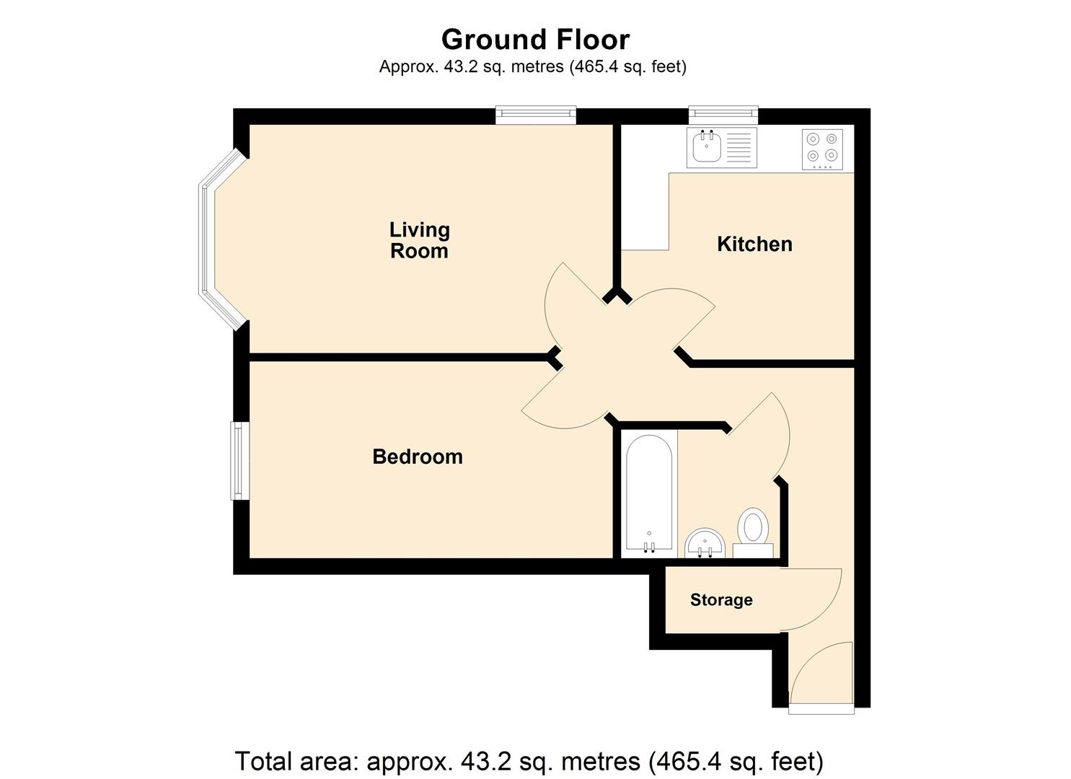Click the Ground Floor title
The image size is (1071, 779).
[535, 39]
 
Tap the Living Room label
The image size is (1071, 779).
[419, 240]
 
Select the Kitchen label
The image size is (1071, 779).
[754, 244]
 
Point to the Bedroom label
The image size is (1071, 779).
[417, 457]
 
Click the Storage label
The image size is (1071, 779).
[720, 600]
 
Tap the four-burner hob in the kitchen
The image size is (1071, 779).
[822, 149]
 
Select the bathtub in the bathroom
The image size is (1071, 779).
[649, 495]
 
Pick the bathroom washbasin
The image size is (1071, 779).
[705, 542]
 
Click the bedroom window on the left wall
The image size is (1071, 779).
[239, 461]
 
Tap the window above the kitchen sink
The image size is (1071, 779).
[723, 114]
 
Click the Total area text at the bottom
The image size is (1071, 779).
[529, 761]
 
